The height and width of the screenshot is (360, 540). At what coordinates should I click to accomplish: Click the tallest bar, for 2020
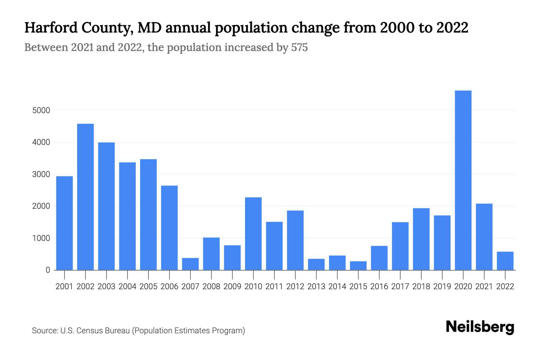[x=463, y=180]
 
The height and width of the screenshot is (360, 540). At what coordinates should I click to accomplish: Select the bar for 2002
[x=85, y=197]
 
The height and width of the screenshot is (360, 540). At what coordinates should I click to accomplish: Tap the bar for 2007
[x=190, y=264]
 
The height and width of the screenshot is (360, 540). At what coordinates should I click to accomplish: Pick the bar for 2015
[x=358, y=265]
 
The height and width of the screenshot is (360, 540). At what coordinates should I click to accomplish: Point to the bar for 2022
[x=505, y=261]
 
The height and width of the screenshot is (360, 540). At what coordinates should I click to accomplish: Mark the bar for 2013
[x=316, y=264]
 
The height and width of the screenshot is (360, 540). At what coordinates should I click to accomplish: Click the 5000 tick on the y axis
[x=41, y=110]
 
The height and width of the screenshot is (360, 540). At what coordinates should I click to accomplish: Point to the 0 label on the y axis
[x=48, y=270]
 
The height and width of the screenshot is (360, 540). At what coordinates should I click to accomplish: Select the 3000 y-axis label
[x=41, y=174]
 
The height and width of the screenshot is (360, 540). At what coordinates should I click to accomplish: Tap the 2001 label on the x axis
[x=64, y=286]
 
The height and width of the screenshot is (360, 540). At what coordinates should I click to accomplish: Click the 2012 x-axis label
[x=295, y=286]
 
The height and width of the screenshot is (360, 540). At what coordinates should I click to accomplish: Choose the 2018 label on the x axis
[x=421, y=286]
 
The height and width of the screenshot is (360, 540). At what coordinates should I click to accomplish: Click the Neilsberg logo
[x=480, y=327]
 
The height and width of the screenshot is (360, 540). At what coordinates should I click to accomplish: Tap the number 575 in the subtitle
[x=299, y=47]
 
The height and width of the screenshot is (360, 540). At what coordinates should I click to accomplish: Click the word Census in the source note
[x=88, y=331]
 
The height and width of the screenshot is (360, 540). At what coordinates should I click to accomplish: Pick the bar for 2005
[x=148, y=214]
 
